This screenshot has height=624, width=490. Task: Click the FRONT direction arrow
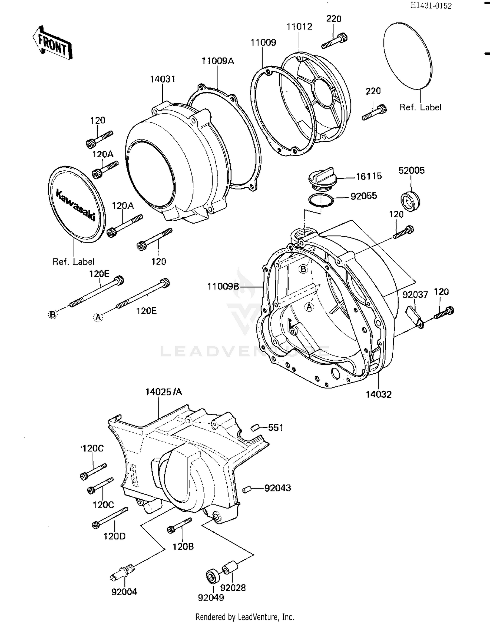click(52, 42)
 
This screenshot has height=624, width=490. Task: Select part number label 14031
click(162, 79)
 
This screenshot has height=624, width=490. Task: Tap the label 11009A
click(218, 61)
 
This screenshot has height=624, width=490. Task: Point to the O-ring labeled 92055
click(321, 200)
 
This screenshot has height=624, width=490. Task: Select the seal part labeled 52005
click(410, 201)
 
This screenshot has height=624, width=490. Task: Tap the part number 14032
click(378, 394)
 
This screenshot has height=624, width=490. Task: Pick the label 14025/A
click(163, 392)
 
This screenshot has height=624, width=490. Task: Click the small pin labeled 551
click(255, 428)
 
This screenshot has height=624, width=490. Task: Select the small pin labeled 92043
click(247, 489)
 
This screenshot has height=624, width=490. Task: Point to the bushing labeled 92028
click(230, 568)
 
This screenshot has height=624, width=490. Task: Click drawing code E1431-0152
click(431, 6)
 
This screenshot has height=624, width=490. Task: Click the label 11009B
click(223, 287)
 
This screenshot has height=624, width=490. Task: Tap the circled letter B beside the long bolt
click(52, 314)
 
